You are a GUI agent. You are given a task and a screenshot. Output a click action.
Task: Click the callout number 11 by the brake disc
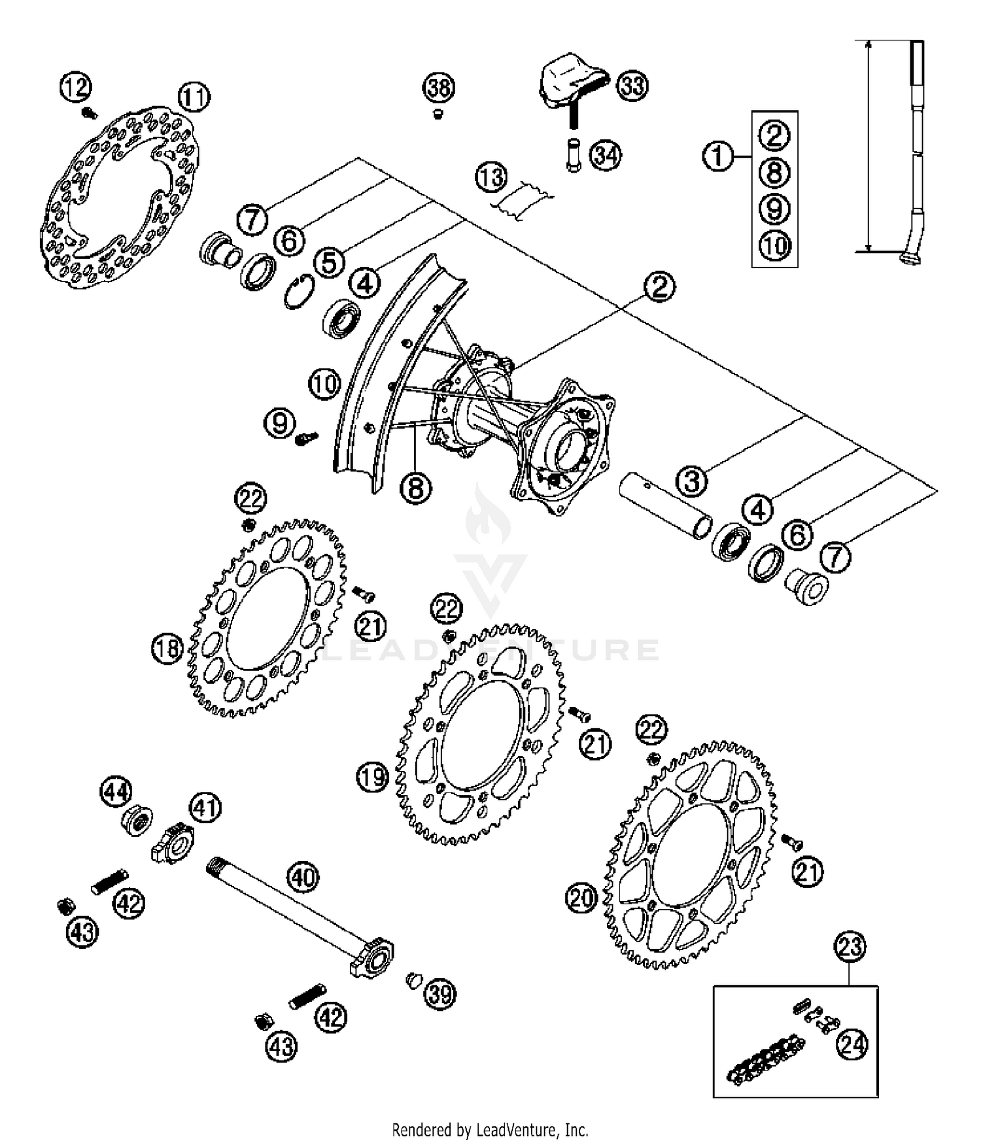(194, 97)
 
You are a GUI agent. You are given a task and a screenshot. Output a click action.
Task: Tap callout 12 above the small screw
(76, 86)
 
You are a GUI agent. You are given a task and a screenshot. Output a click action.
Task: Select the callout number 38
(439, 88)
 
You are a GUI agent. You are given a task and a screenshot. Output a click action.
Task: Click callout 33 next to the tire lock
(632, 86)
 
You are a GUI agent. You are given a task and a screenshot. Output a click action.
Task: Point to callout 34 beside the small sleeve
(606, 156)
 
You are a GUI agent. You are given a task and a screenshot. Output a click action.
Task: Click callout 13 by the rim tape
(491, 177)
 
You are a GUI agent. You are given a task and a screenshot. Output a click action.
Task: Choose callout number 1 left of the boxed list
(718, 156)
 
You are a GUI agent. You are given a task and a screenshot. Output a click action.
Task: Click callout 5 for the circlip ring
(330, 262)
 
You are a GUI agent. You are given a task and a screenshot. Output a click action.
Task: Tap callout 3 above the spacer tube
(692, 481)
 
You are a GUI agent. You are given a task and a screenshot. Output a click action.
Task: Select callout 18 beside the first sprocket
(167, 649)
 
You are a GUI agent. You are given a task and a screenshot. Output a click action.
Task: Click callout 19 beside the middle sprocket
(373, 777)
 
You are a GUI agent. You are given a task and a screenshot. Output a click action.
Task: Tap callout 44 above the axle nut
(116, 792)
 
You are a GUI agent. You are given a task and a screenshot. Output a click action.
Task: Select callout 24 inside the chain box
(852, 1044)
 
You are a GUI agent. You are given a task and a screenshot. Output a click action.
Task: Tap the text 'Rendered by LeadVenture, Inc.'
(490, 1129)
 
